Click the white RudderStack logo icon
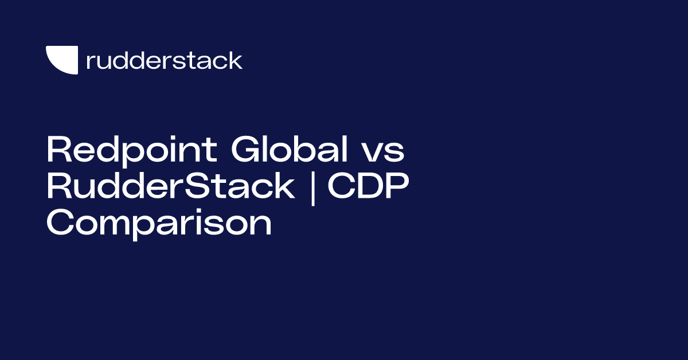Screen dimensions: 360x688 tap(61, 60)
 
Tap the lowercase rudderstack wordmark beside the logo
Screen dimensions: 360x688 tap(164, 60)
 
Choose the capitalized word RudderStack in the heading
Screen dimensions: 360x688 tap(170, 187)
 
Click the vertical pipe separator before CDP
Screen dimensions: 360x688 tap(312, 188)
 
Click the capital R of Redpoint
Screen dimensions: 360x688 tap(58, 150)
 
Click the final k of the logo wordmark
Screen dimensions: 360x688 tap(236, 60)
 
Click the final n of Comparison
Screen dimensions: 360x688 tap(260, 225)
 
